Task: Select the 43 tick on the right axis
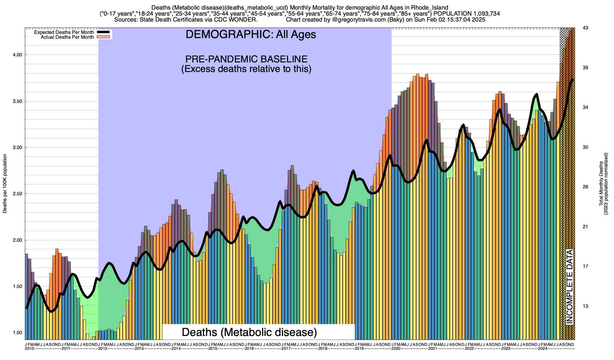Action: pos(585,28)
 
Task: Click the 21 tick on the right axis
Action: pos(585,227)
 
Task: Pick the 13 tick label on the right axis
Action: pos(585,306)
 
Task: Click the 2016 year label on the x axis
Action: pos(249,349)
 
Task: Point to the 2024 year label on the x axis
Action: pos(542,349)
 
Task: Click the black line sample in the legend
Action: pos(103,32)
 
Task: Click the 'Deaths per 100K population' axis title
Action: pos(5,184)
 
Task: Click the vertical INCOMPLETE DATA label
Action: pos(569,286)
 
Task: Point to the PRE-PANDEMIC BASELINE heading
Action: pos(246,59)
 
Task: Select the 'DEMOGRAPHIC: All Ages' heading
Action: pos(251,34)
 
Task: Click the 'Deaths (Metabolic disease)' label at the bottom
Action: pos(249,332)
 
